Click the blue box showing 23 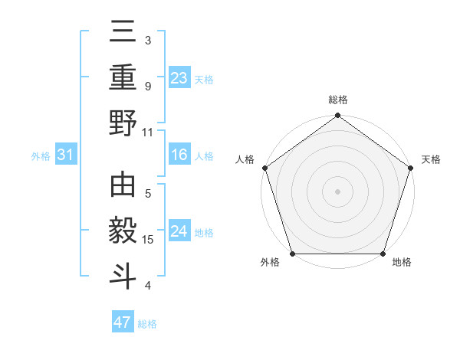click(179, 78)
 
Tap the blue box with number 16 click(179, 155)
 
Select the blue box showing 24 click(179, 231)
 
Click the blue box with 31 click(66, 155)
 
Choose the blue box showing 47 click(123, 322)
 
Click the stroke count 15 click(148, 240)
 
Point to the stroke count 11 click(148, 131)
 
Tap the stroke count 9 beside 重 click(148, 86)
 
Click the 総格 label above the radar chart click(337, 100)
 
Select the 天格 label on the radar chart click(431, 159)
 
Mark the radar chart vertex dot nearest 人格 click(264, 168)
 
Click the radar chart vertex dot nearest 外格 click(292, 254)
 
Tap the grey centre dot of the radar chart click(337, 191)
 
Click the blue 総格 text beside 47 click(147, 324)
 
